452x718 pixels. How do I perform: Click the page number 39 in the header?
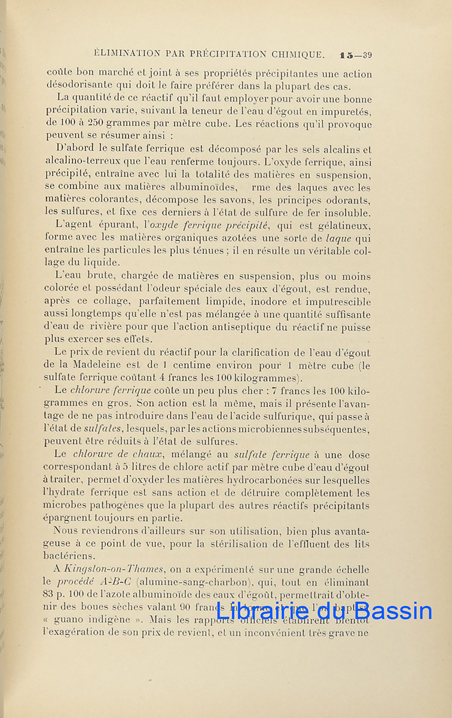tap(366, 55)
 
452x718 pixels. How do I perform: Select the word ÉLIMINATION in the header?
tap(120, 54)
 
